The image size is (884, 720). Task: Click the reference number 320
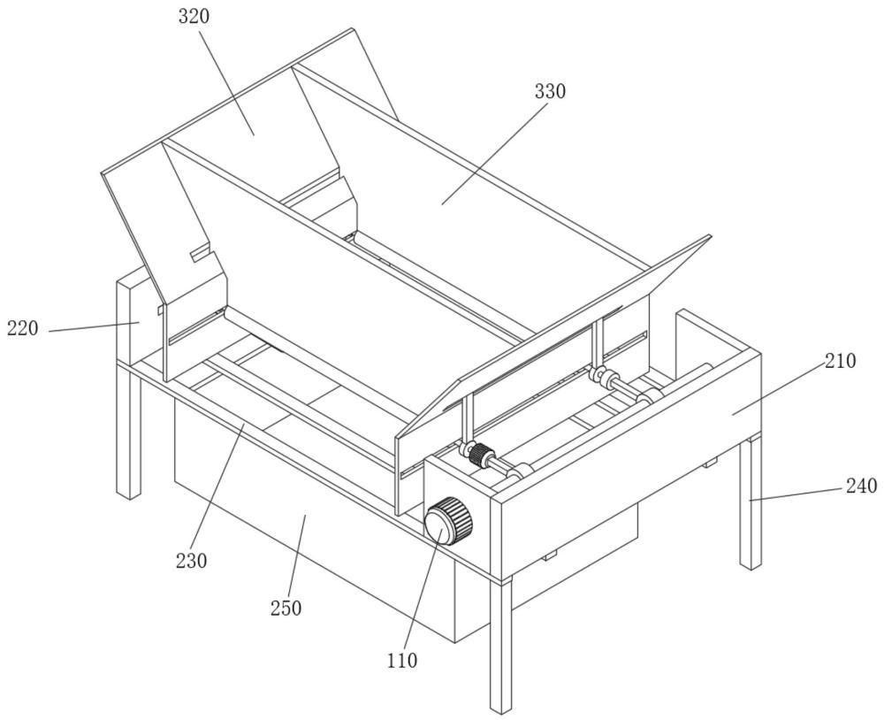(x=194, y=16)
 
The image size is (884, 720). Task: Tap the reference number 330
(x=550, y=91)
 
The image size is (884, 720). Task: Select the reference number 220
(x=23, y=328)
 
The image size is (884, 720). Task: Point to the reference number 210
(x=840, y=361)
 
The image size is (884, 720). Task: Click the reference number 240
(x=861, y=486)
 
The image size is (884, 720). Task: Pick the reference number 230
(x=191, y=560)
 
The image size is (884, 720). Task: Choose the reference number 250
(x=286, y=609)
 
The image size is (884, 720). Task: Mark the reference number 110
(x=402, y=660)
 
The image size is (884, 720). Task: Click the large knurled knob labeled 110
(x=448, y=520)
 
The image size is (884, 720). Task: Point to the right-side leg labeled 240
(x=751, y=502)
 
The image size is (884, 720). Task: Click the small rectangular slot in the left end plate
(x=200, y=253)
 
